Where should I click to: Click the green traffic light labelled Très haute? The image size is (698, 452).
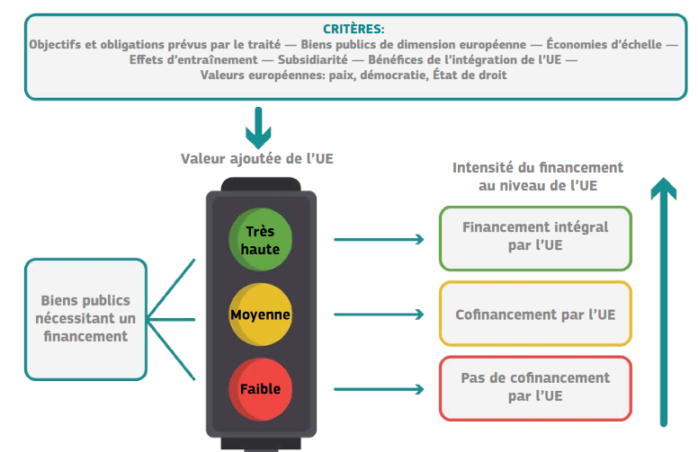point(262,240)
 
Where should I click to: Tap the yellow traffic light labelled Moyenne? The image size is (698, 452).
point(261,315)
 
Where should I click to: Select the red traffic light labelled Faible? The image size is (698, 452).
point(261,389)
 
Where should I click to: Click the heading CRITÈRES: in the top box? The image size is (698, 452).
point(353,29)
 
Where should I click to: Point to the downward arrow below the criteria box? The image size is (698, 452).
point(259,128)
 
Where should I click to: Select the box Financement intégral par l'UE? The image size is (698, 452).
point(535,237)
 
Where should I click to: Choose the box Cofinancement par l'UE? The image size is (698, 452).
point(535,314)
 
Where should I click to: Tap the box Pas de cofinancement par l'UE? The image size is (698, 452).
point(535,387)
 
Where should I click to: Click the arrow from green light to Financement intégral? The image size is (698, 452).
point(378,239)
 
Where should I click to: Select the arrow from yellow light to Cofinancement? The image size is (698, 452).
point(378,315)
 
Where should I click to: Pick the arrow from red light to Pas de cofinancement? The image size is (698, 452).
point(378,389)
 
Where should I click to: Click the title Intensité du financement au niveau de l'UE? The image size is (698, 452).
point(538,176)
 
